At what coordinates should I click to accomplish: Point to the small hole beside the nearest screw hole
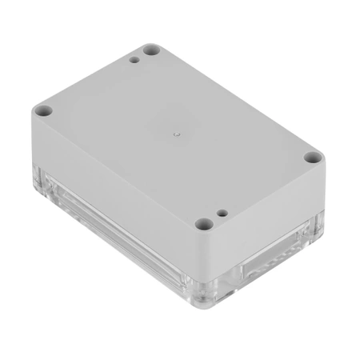click(x=223, y=214)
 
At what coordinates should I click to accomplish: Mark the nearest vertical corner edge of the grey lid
click(x=210, y=256)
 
